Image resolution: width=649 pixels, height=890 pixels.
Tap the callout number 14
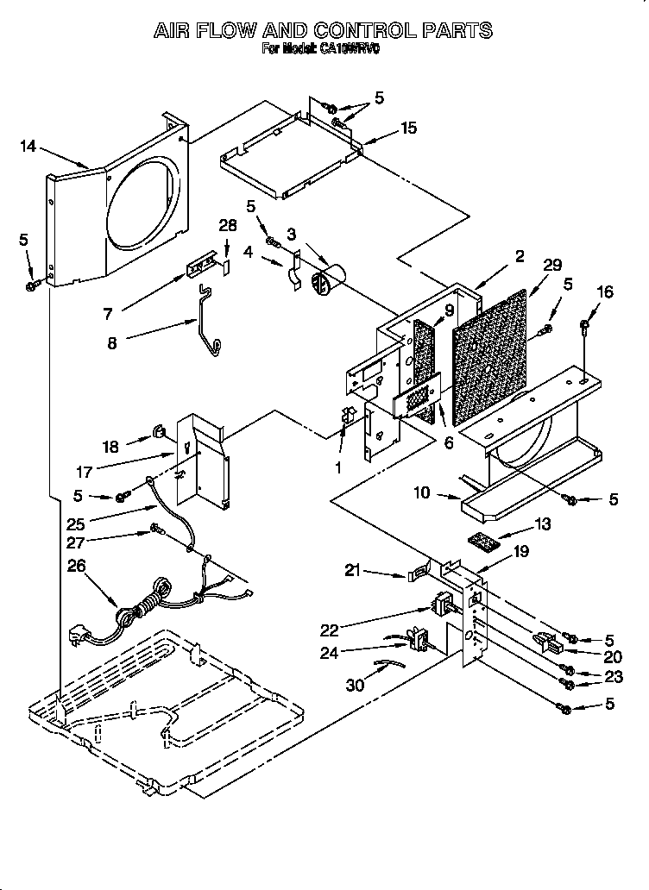pos(28,146)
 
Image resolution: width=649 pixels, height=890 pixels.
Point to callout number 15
pos(408,128)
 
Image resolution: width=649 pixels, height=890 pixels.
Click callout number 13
pos(542,523)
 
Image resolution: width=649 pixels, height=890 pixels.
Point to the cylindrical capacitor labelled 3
pos(329,280)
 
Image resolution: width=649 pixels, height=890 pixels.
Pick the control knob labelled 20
pos(545,643)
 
